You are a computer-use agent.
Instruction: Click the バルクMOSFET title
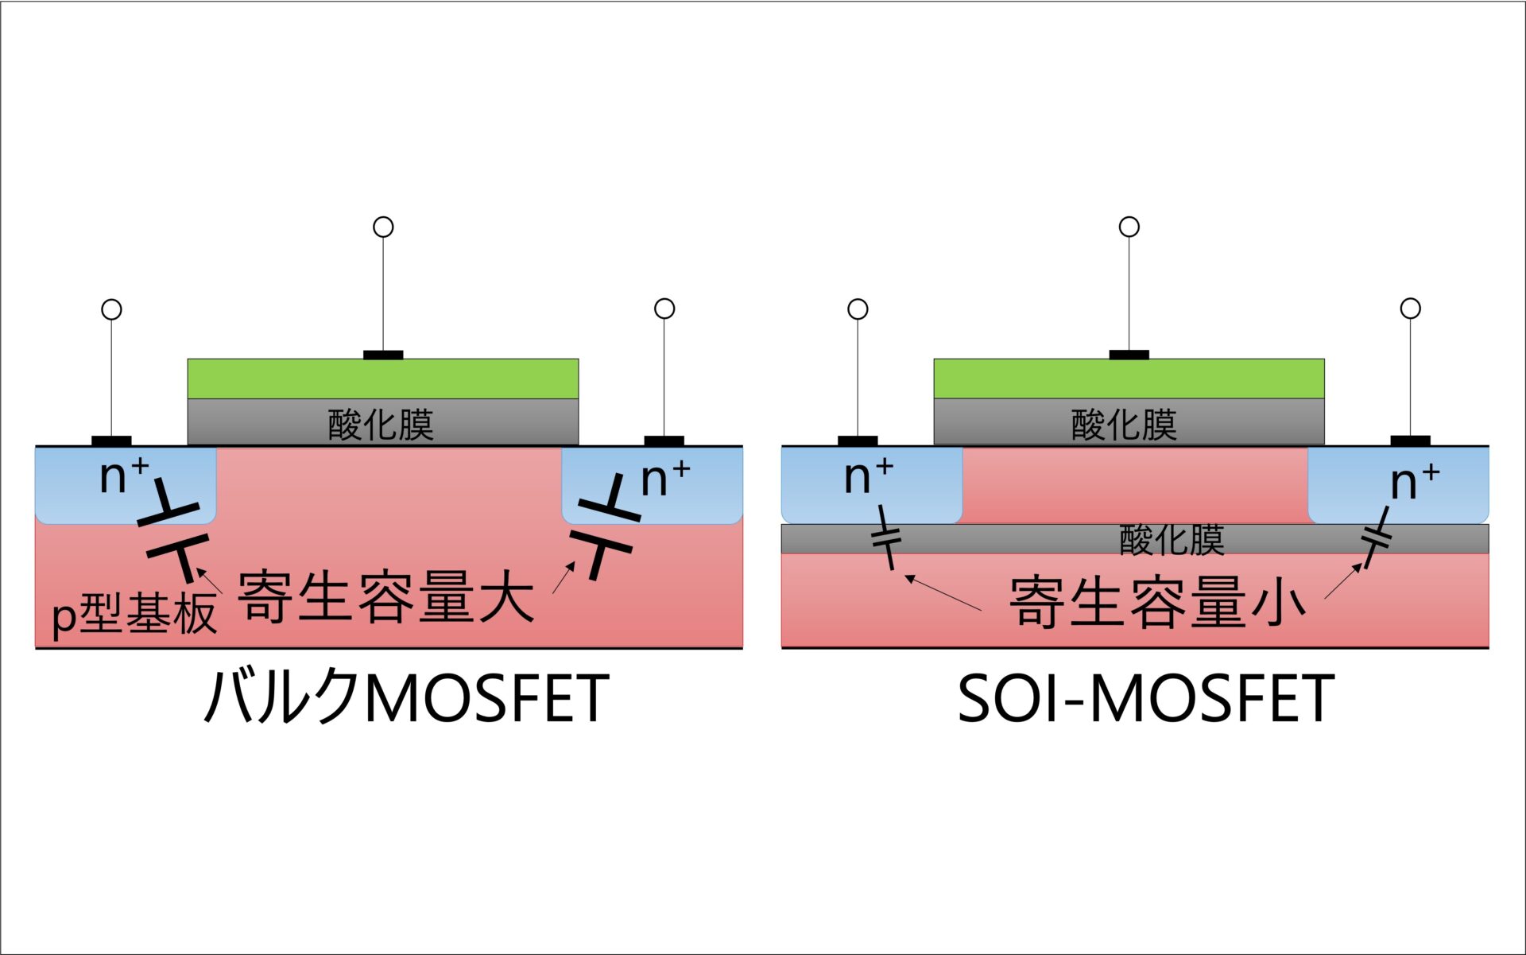407,697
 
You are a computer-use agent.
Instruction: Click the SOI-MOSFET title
1145,698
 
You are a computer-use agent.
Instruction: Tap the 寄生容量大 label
385,596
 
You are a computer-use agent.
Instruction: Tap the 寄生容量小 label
1157,602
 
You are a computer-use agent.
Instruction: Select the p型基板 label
134,614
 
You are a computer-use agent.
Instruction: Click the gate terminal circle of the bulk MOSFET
383,227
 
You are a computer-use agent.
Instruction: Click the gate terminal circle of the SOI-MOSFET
1129,227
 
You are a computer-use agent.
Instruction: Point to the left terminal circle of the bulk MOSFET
112,309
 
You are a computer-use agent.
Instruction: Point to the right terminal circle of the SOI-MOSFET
1411,309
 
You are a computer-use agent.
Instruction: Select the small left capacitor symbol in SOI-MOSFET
887,538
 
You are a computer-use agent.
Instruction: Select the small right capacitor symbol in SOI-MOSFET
1377,538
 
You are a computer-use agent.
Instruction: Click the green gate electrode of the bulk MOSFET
383,379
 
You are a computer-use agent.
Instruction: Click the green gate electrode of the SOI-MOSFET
1129,379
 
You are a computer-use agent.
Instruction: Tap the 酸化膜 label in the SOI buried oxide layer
1172,540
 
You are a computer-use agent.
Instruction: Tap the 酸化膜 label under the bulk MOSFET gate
381,425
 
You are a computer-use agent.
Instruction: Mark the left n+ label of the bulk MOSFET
124,475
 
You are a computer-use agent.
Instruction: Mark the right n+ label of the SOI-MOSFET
1416,481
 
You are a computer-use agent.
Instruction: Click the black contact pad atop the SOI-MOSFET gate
1129,355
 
